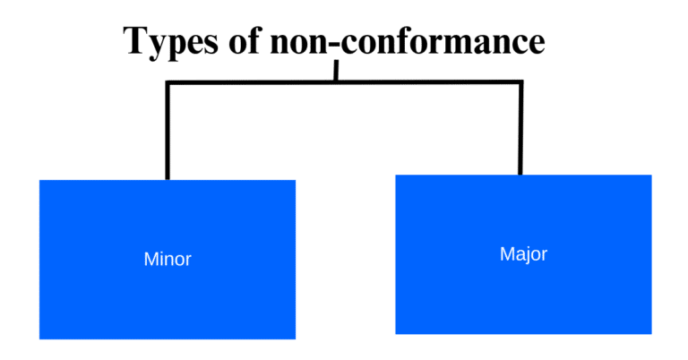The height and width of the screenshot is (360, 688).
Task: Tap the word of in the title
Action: click(244, 42)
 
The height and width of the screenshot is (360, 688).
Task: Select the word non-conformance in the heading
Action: click(408, 42)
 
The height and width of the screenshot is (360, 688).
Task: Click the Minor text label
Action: click(168, 260)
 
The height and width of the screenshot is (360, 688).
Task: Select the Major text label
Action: click(523, 254)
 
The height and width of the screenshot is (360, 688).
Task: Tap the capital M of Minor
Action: click(150, 260)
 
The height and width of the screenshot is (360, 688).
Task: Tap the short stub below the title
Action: click(338, 71)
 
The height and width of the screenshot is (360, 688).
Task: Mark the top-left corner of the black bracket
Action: click(168, 83)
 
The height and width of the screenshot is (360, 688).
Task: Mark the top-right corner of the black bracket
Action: click(520, 83)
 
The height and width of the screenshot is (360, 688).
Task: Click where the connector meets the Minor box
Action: click(168, 178)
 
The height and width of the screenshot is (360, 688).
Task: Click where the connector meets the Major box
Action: click(520, 174)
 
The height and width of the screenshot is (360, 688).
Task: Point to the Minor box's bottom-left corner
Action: click(40, 339)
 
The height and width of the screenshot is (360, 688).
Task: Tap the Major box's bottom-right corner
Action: click(649, 333)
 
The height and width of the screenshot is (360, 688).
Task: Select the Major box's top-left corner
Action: click(395, 176)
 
